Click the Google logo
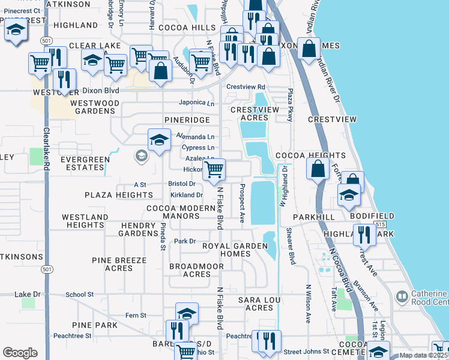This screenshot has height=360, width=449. (20, 353)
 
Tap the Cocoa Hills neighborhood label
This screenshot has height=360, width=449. (186, 28)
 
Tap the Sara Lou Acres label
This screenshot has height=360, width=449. (256, 304)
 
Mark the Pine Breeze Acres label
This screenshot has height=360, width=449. (119, 264)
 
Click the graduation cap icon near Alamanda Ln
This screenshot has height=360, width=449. (158, 140)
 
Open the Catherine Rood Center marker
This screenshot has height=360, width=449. (402, 296)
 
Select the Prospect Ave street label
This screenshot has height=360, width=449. (243, 201)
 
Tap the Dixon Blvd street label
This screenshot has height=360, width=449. (101, 91)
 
